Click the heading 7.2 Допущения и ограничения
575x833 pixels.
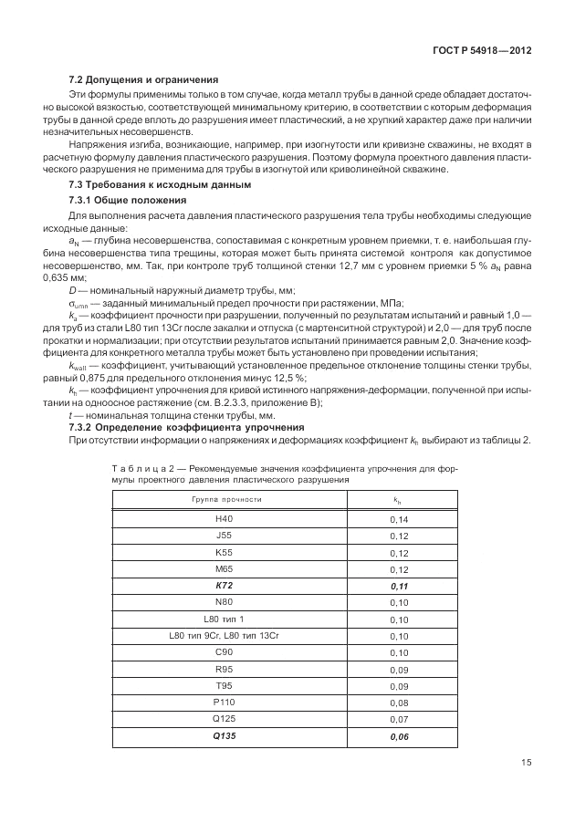pyautogui.click(x=143, y=78)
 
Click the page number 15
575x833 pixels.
pyautogui.click(x=526, y=764)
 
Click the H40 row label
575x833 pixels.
pyautogui.click(x=225, y=519)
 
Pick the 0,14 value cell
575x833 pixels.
pyautogui.click(x=398, y=519)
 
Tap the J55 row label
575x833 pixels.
pyautogui.click(x=225, y=536)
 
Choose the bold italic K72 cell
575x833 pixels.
pyautogui.click(x=225, y=587)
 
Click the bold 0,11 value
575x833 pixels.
pyautogui.click(x=398, y=587)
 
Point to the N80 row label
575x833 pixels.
pyautogui.click(x=225, y=603)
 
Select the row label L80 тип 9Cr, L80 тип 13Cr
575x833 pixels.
pyautogui.click(x=225, y=637)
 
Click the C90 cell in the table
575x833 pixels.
pyautogui.click(x=225, y=653)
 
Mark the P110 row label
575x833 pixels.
pyautogui.click(x=225, y=703)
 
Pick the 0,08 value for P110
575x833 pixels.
pyautogui.click(x=398, y=703)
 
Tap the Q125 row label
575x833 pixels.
pyautogui.click(x=225, y=719)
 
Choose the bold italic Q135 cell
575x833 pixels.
pyautogui.click(x=225, y=736)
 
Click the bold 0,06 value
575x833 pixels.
pyautogui.click(x=398, y=736)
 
